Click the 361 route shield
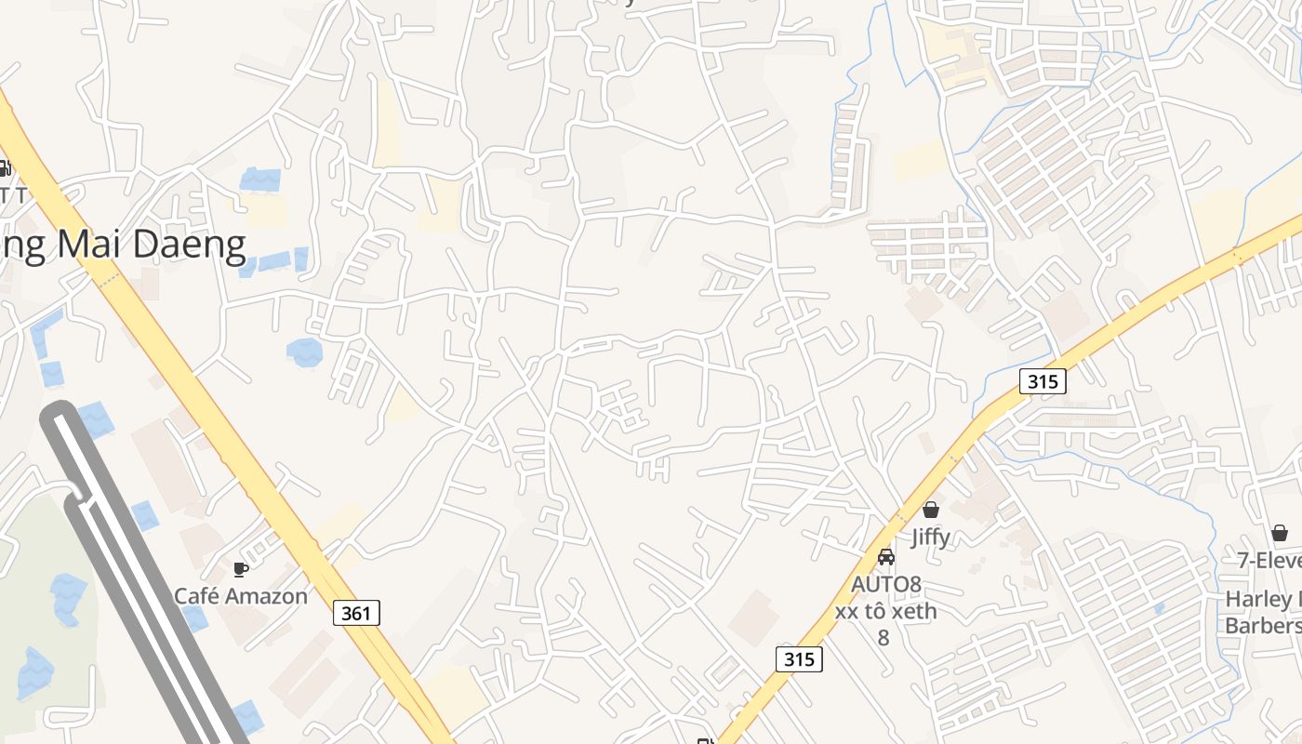pyautogui.click(x=356, y=612)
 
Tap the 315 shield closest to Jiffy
pyautogui.click(x=1042, y=380)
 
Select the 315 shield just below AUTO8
pyautogui.click(x=799, y=658)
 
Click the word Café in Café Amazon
pyautogui.click(x=201, y=596)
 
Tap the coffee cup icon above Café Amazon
pyautogui.click(x=241, y=569)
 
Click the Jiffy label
pyautogui.click(x=930, y=537)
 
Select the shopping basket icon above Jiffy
pyautogui.click(x=930, y=510)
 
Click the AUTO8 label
pyautogui.click(x=886, y=584)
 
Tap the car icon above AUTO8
pyautogui.click(x=886, y=557)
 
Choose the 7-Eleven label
pyautogui.click(x=1269, y=561)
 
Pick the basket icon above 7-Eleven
pyautogui.click(x=1280, y=533)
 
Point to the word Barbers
pyautogui.click(x=1263, y=625)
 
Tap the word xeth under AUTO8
pyautogui.click(x=914, y=611)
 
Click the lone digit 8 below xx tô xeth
pyautogui.click(x=883, y=638)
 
